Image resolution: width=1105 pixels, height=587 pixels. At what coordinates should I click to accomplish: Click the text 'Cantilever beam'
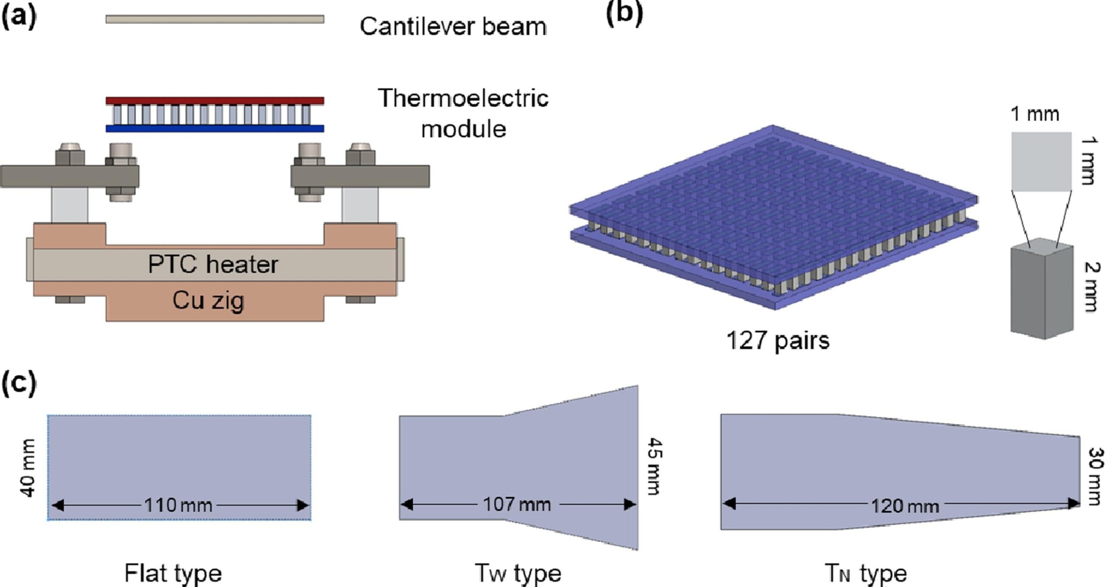[x=453, y=27]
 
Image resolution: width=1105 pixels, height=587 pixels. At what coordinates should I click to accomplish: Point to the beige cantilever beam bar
[x=215, y=19]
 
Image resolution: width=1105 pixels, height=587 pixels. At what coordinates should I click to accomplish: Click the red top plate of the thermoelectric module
[x=215, y=101]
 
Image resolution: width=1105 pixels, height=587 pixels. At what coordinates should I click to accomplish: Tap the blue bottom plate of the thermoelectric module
[x=215, y=128]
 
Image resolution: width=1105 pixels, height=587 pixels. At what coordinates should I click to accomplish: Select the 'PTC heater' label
[x=213, y=264]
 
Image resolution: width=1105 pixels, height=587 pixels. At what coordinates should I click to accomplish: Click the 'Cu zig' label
[x=208, y=300]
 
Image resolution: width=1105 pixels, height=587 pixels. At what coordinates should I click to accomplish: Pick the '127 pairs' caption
[x=778, y=341]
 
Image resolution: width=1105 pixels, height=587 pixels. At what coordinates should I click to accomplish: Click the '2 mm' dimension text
[x=1091, y=287]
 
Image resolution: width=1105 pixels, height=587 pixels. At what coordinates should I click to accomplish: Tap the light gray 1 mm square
[x=1041, y=161]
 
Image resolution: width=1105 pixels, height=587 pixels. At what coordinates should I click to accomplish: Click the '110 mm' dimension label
[x=178, y=505]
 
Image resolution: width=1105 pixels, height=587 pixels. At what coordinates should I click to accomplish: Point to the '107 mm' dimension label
[x=517, y=504]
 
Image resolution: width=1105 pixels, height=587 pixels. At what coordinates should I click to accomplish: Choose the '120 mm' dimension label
[x=905, y=506]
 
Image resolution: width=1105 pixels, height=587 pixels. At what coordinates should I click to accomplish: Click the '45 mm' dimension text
[x=654, y=466]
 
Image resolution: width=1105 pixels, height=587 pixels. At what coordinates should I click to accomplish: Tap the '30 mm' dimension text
[x=1095, y=476]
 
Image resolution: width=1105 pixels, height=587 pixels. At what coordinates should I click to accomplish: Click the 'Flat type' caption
[x=173, y=573]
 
